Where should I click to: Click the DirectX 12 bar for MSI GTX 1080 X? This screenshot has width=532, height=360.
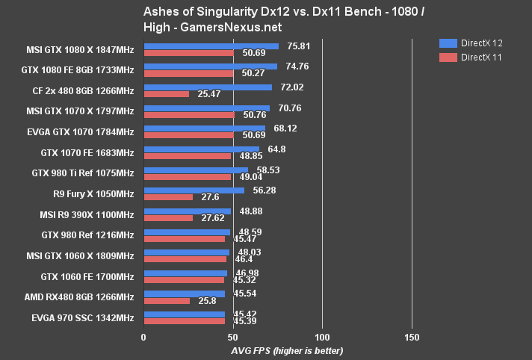pyautogui.click(x=211, y=46)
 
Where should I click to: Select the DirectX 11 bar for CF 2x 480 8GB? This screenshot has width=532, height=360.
pyautogui.click(x=166, y=94)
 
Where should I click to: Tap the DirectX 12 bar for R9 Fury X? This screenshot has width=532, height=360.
pyautogui.click(x=194, y=190)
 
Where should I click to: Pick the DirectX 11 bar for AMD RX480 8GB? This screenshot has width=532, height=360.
pyautogui.click(x=167, y=301)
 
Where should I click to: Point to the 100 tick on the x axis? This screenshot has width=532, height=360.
pyautogui.click(x=322, y=337)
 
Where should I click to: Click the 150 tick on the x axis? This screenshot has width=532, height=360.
pyautogui.click(x=412, y=337)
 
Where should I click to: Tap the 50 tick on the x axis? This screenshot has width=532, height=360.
pyautogui.click(x=232, y=337)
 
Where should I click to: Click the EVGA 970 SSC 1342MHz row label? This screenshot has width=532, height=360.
pyautogui.click(x=83, y=318)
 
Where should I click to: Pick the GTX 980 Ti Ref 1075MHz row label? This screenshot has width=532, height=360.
pyautogui.click(x=82, y=173)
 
